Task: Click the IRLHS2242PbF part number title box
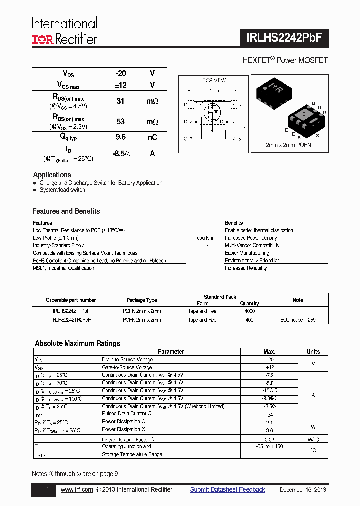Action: click(287, 37)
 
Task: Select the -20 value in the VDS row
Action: click(120, 73)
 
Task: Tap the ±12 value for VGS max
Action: click(120, 85)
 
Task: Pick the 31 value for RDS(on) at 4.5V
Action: click(120, 101)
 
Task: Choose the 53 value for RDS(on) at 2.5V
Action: click(120, 122)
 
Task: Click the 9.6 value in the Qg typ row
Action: click(120, 137)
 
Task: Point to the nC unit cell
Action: click(152, 137)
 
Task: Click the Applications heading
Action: click(52, 175)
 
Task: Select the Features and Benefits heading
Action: click(66, 211)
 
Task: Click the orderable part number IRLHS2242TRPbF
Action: click(71, 311)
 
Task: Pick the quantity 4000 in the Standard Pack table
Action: click(249, 311)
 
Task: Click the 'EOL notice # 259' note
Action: click(298, 320)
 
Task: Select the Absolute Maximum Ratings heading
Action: click(77, 343)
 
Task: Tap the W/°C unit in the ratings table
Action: click(313, 439)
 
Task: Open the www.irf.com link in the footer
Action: click(77, 490)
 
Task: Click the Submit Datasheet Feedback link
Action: click(227, 490)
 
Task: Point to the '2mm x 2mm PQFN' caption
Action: click(288, 145)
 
